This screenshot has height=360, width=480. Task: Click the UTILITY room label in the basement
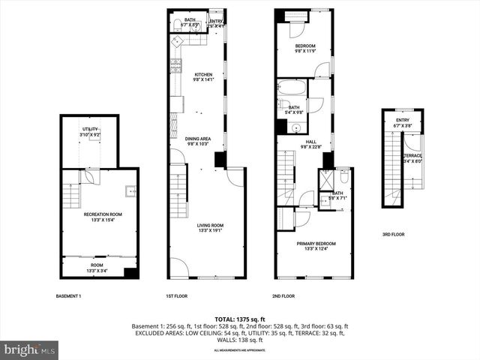(91, 130)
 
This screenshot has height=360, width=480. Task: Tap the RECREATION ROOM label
(102, 214)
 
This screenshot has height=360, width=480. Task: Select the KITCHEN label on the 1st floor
(204, 74)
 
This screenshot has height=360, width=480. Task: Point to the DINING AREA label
(199, 139)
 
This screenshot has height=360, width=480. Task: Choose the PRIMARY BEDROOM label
(315, 244)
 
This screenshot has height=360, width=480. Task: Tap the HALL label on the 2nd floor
(310, 142)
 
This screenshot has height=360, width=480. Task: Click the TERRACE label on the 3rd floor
(412, 155)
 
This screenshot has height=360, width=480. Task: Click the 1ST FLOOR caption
(175, 296)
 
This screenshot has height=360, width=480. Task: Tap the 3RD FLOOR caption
(393, 235)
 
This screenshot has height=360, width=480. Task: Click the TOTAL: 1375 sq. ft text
(240, 319)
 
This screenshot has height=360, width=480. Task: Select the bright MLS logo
(30, 349)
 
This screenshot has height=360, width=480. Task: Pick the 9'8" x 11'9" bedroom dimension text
(305, 52)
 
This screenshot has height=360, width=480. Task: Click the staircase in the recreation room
(70, 197)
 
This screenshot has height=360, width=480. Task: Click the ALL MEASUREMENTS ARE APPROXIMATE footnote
(240, 350)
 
